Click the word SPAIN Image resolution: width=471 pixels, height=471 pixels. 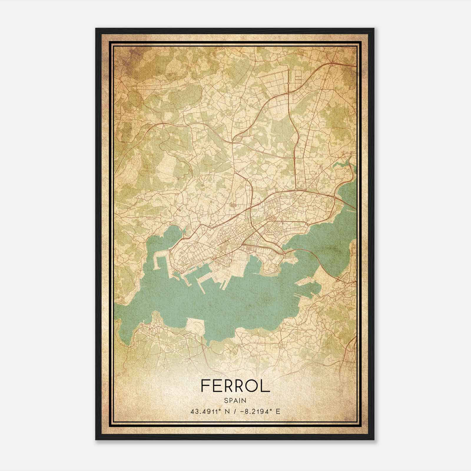(235, 400)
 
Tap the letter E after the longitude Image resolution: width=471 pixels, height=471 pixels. (278, 411)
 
